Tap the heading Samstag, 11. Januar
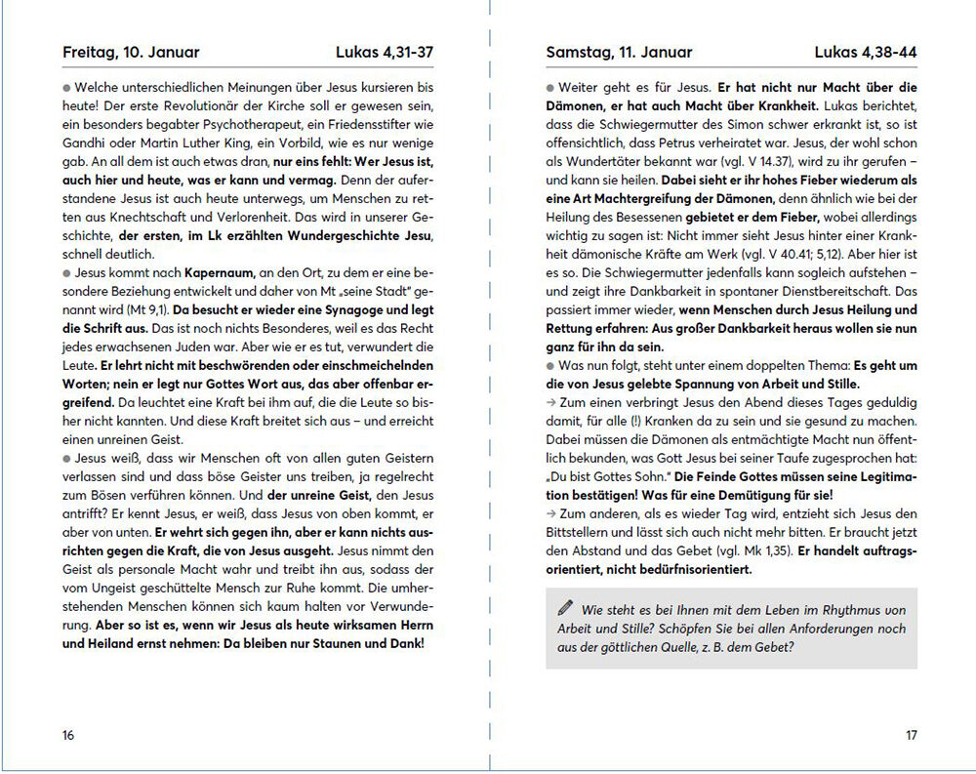[619, 53]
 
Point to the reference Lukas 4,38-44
[865, 53]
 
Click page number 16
[67, 735]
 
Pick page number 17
[910, 735]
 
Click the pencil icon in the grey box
[565, 609]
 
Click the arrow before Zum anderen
[550, 513]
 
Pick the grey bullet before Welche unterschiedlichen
[65, 86]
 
